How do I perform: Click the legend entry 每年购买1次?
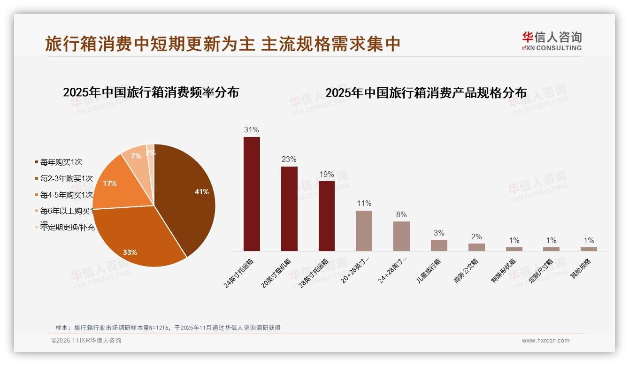pos(61,162)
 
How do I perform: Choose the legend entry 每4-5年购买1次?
pos(66,195)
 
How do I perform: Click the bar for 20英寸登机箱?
pos(289,209)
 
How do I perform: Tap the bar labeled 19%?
pos(327,216)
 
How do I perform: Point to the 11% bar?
pos(364,231)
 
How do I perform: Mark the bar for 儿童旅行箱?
pos(439,245)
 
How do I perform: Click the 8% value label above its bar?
pos(401,214)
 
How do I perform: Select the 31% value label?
pos(252,130)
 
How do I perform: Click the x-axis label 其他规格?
pos(581,269)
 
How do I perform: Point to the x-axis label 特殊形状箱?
pos(504,271)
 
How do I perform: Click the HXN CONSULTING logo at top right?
pos(552,41)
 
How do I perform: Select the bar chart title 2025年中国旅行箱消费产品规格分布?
pos(426,93)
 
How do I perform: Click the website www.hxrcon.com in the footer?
pos(545,341)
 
